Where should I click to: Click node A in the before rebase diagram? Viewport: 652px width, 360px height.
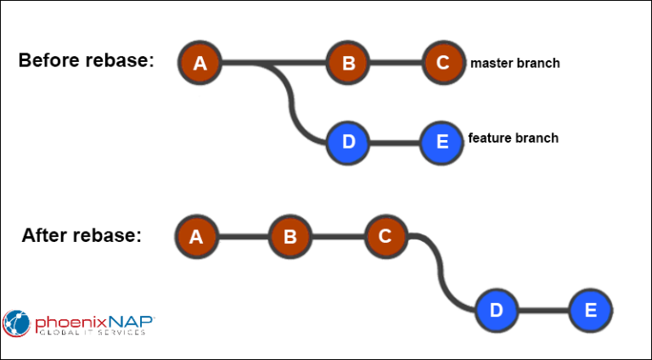(x=200, y=63)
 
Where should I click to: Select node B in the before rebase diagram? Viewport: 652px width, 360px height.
(x=348, y=63)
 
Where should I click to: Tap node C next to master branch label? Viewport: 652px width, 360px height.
(x=442, y=63)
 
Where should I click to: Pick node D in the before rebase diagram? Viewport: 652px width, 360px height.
(x=348, y=141)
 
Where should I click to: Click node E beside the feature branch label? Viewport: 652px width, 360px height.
(x=442, y=141)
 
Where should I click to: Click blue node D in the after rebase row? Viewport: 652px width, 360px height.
(x=497, y=311)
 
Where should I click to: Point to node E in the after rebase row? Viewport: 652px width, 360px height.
(x=591, y=311)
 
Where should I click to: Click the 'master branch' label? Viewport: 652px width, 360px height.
(x=514, y=63)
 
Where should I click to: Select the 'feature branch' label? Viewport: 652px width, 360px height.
(x=513, y=138)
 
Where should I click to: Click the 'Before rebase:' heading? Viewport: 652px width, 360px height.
(x=86, y=61)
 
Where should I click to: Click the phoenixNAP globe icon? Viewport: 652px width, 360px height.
(x=17, y=323)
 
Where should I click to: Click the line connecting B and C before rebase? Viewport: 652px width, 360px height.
(x=395, y=63)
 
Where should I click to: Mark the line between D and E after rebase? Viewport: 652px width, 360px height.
(x=543, y=311)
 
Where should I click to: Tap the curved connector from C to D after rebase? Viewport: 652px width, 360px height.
(x=441, y=272)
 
